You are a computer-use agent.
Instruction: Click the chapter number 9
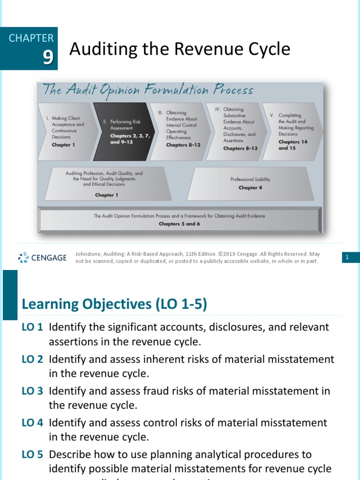point(48,57)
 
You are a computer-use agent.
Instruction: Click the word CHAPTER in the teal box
point(31,38)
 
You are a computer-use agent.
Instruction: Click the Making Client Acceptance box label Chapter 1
point(63,145)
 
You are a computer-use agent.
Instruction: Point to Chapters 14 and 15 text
point(292,145)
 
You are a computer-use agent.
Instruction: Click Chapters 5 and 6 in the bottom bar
point(179,224)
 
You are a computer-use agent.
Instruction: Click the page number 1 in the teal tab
point(347,257)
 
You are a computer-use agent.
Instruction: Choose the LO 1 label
point(32,327)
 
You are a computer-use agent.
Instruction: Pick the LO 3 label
point(32,390)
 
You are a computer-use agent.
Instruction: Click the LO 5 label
point(32,454)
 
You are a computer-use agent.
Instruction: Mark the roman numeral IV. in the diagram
point(217,109)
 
